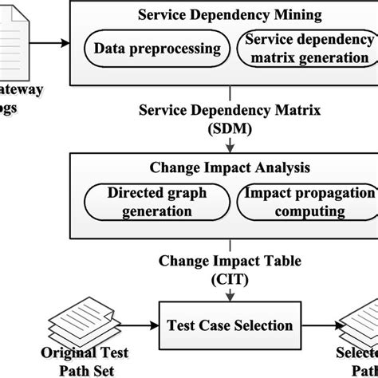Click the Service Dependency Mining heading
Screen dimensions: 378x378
click(230, 14)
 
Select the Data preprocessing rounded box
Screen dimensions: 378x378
click(157, 49)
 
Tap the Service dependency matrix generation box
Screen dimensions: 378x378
click(308, 49)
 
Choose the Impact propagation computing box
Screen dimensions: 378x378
click(308, 202)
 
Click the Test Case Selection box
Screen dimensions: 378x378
click(230, 325)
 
